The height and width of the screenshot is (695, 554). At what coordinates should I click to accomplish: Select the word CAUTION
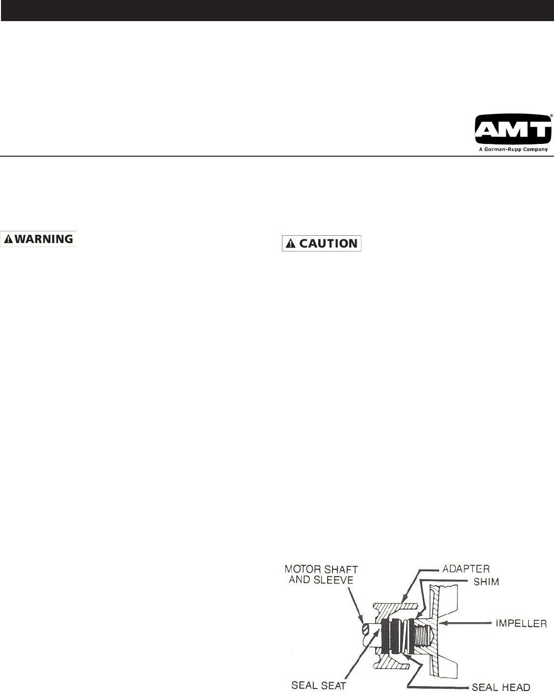[x=328, y=244]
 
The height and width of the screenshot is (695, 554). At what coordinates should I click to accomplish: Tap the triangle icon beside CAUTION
[x=291, y=244]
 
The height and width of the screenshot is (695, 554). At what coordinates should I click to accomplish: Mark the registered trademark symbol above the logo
[x=551, y=115]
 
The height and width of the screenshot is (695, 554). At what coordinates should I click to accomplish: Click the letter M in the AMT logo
[x=514, y=129]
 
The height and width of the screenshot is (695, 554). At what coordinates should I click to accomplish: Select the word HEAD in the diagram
[x=515, y=686]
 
